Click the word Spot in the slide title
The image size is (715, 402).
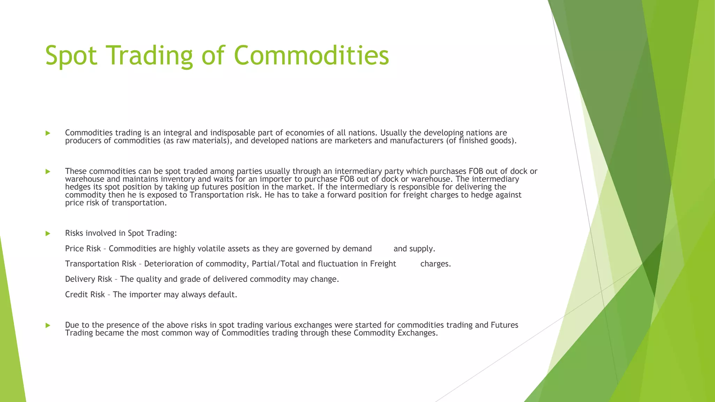(71, 56)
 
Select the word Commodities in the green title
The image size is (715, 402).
(311, 56)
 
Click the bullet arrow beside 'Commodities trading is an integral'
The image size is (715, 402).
(48, 133)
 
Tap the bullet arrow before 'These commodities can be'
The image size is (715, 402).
(48, 171)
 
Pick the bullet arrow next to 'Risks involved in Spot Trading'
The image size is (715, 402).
(48, 233)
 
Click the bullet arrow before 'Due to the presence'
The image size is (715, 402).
(48, 325)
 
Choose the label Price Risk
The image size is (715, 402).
(83, 249)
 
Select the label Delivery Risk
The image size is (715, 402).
(88, 279)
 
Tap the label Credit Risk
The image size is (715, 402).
(85, 295)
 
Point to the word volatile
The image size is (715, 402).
(211, 249)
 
